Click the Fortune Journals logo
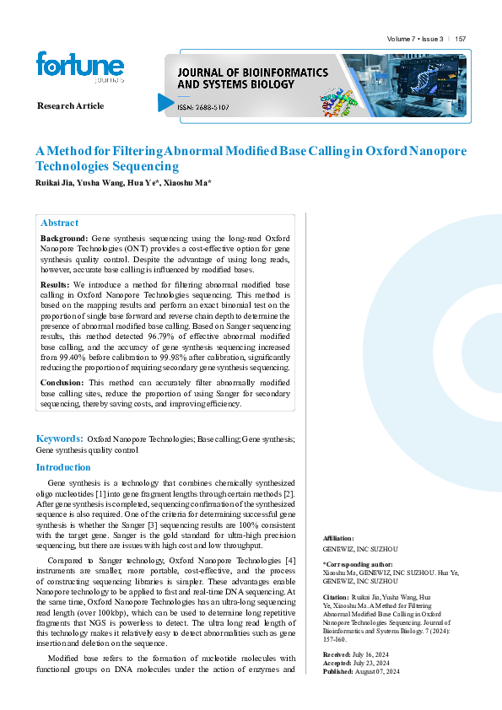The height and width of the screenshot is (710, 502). click(x=79, y=67)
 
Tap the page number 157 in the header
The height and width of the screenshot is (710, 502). click(x=461, y=40)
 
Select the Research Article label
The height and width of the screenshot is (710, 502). click(x=71, y=105)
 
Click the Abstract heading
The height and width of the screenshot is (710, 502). click(x=60, y=223)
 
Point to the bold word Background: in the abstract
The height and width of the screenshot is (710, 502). click(x=64, y=240)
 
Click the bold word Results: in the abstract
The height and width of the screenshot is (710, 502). click(x=56, y=286)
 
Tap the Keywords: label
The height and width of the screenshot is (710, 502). click(x=59, y=438)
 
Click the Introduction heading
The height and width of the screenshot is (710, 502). click(x=63, y=467)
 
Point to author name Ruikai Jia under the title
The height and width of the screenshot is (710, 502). click(x=53, y=183)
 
